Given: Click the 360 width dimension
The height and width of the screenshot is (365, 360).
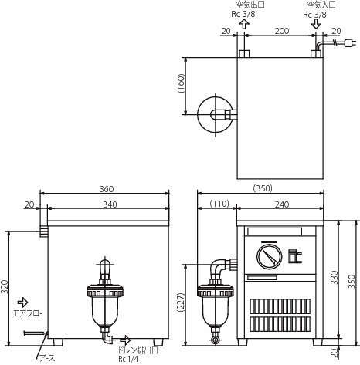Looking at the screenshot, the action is coord(107,189).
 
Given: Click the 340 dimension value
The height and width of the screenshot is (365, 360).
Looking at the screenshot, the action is coord(110,204).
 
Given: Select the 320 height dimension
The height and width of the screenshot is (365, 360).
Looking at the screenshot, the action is coord(5,286).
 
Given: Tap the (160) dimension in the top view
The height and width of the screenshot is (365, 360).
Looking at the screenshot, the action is coord(181,83).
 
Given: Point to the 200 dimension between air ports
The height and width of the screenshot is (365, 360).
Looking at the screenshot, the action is coord(282,31).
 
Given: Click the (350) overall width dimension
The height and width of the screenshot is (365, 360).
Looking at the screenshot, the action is coord(263,188).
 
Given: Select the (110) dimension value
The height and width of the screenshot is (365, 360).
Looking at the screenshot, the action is coord(219,204).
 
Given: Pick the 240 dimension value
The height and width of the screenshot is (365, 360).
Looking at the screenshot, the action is coord(282,204).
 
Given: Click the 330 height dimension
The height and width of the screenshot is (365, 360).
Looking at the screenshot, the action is coord(335,277).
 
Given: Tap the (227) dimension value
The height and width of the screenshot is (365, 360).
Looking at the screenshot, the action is coord(181,302).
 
